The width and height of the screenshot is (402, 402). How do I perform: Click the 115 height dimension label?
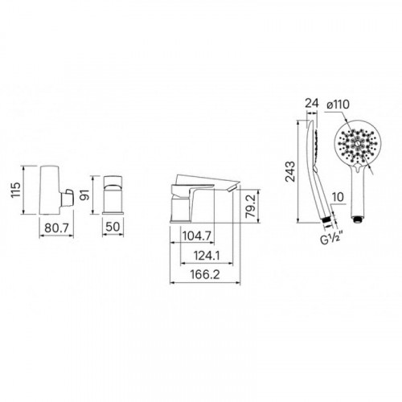[x=16, y=190]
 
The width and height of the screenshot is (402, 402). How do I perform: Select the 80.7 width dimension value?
[x=57, y=228]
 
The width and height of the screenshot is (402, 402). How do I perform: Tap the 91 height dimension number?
[x=85, y=195]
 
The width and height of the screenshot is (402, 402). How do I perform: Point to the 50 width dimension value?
[x=113, y=227]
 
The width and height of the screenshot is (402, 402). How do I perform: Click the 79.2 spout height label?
[x=251, y=206]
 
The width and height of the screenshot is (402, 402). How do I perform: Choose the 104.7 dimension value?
[x=197, y=236]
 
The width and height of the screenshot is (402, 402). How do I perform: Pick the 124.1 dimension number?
[x=207, y=256]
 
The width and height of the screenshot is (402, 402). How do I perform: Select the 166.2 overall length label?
[x=205, y=275]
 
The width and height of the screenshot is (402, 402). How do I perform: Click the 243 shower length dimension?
[x=290, y=171]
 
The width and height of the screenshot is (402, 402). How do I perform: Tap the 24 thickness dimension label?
[x=312, y=103]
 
